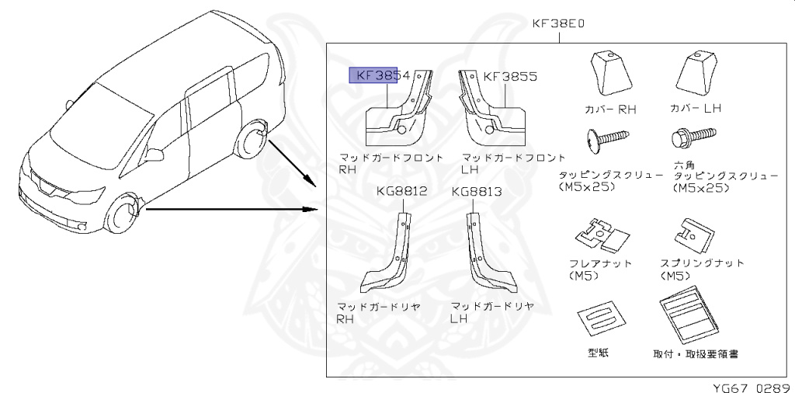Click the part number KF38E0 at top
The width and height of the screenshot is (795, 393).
(x=558, y=23)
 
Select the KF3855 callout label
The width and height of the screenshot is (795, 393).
(x=509, y=77)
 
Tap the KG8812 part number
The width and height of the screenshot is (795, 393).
(x=402, y=191)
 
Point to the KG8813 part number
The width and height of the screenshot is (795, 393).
(x=477, y=191)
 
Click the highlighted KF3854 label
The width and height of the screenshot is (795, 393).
(x=383, y=75)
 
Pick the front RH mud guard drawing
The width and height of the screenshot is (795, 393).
(x=400, y=109)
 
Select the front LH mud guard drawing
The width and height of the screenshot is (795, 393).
(x=491, y=109)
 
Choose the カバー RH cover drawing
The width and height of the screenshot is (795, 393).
(x=610, y=73)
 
